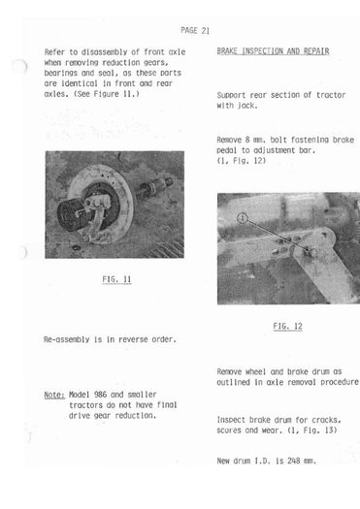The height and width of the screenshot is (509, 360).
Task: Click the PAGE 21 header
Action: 195,30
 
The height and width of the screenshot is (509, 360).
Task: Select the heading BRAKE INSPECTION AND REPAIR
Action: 273,51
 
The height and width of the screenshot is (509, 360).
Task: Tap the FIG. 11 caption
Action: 116,279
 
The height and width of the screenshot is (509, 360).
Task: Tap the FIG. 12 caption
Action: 287,326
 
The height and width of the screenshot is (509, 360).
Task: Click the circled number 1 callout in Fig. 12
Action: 243,218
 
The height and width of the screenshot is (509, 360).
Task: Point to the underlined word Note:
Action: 54,395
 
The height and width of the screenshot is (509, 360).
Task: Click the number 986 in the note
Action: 100,395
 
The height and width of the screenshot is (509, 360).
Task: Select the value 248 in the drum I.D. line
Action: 294,461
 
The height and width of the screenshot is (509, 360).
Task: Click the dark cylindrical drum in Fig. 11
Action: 73,215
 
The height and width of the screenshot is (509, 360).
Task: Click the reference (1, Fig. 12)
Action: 242,161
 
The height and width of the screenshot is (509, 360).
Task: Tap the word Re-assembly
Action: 67,339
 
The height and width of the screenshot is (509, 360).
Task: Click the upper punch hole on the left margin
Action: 20,66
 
